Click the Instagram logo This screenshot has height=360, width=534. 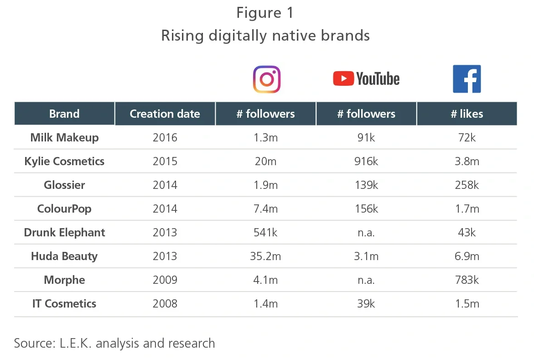266,79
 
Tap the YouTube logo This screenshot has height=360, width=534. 366,79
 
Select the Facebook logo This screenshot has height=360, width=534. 467,79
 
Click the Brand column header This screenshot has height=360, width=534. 64,114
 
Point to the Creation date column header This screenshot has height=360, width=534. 165,114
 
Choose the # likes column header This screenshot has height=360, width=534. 467,114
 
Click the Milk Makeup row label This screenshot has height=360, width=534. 64,137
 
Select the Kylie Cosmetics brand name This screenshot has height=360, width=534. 64,161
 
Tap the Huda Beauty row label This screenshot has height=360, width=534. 64,256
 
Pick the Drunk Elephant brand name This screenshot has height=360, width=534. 64,232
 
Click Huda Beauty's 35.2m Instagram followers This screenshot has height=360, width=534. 266,256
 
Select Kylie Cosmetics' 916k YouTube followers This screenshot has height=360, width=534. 366,161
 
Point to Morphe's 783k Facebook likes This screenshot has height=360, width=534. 467,280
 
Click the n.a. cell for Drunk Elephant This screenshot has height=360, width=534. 366,232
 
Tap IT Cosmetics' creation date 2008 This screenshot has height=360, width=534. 165,303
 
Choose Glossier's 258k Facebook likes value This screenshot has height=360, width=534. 467,185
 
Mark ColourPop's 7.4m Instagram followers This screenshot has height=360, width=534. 266,209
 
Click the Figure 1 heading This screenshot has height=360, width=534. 265,13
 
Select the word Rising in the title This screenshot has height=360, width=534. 182,36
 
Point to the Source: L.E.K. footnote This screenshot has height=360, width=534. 114,343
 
